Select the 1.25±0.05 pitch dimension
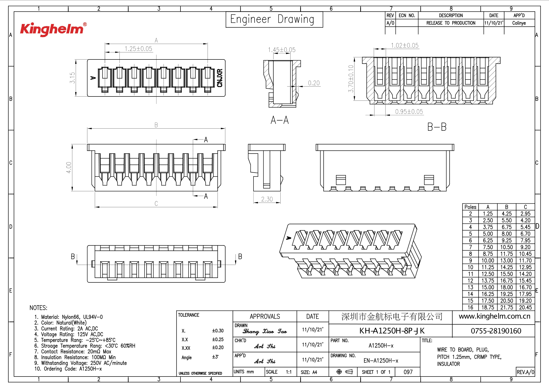point(138,49)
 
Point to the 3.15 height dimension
point(72,78)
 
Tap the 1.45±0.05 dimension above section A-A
point(282,50)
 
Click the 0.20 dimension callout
point(313,83)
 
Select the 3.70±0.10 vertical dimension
point(351,79)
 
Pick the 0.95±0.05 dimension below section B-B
point(409,112)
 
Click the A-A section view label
point(280,120)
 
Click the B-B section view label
point(437,127)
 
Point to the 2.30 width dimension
point(267,199)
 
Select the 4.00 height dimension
point(69,167)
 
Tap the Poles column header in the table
point(470,207)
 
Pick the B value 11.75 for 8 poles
point(506,254)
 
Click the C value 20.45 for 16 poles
point(525,307)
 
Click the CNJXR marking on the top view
point(220,78)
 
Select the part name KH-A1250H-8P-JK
point(392,331)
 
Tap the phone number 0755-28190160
point(496,331)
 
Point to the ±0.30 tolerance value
point(218,331)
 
